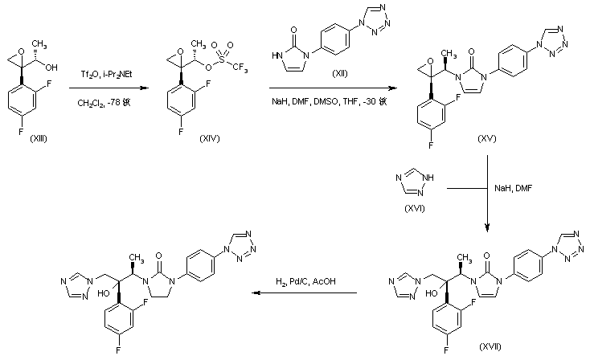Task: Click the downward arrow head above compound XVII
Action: point(488,227)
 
